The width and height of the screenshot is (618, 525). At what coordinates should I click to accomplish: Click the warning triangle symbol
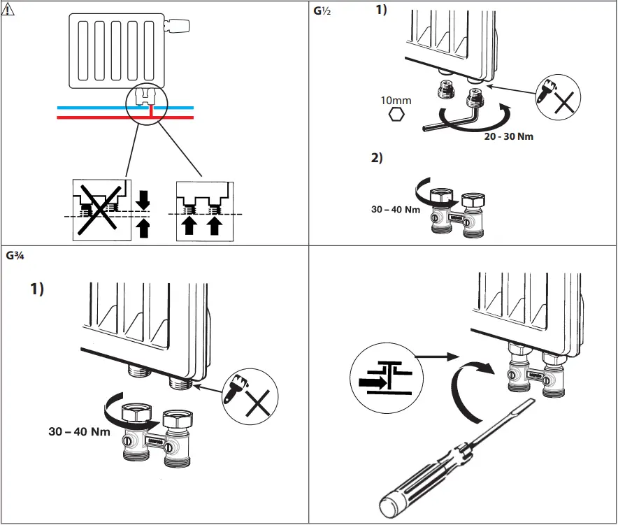[x=8, y=10]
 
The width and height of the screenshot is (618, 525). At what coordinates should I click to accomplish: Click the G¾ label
[x=16, y=256]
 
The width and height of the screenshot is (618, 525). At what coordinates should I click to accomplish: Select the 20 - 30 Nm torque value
[x=508, y=136]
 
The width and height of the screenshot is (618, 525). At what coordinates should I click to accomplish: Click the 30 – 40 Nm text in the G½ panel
[x=395, y=208]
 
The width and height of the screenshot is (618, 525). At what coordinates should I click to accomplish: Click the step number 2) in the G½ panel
[x=378, y=158]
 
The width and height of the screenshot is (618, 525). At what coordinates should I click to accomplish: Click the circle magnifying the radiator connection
[x=146, y=105]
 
